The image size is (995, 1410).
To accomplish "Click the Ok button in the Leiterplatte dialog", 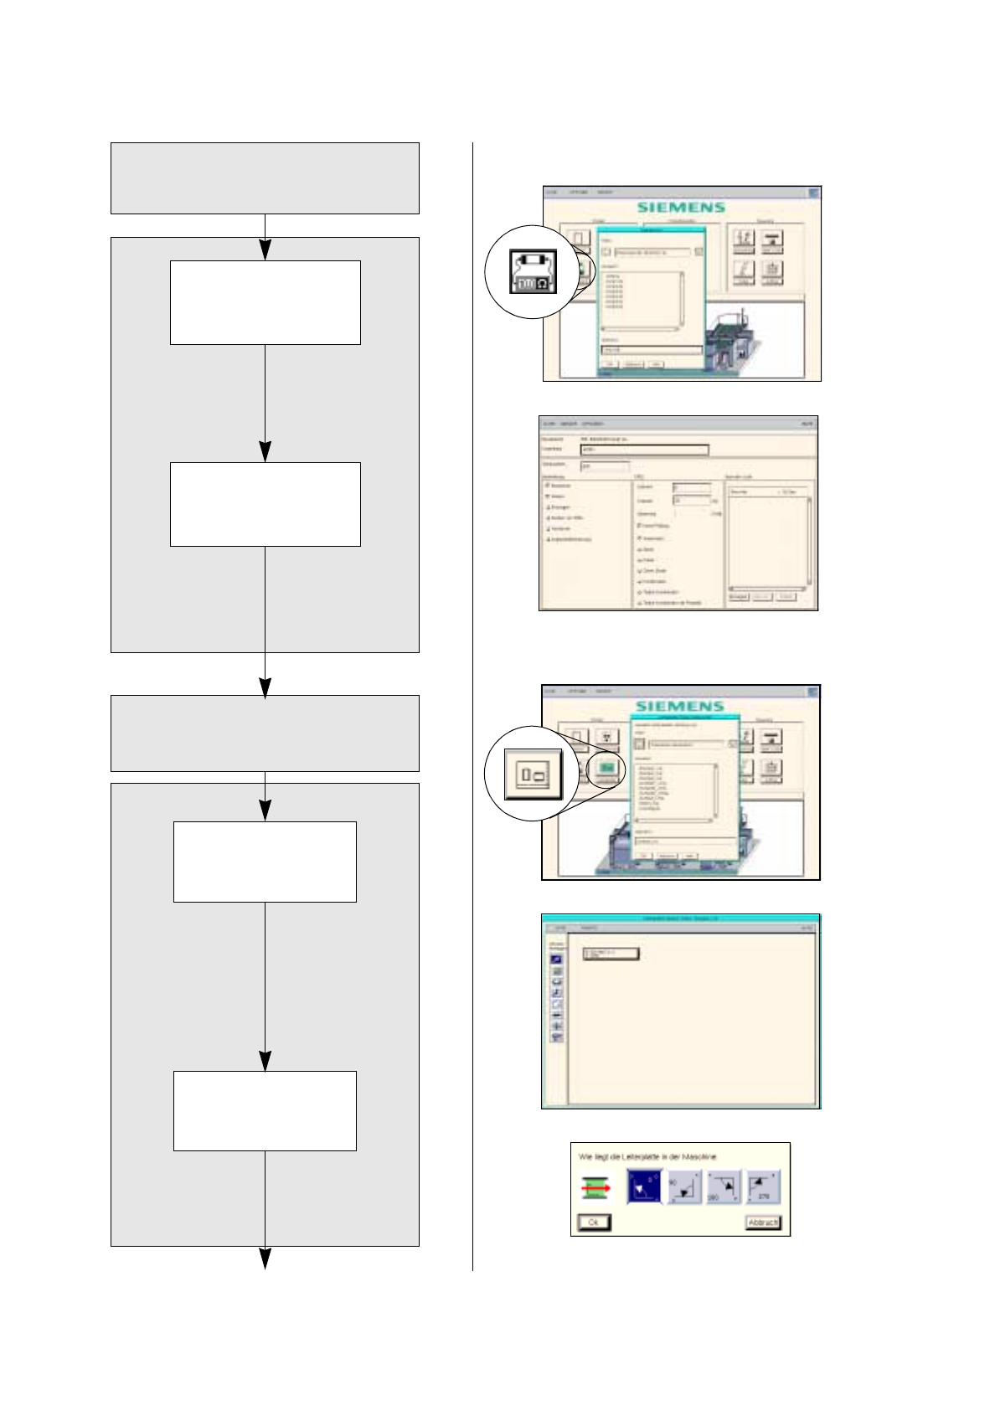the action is [x=594, y=1222].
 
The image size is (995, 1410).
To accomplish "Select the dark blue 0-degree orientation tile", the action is [x=644, y=1186].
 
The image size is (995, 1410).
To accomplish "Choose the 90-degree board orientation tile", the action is [x=684, y=1186].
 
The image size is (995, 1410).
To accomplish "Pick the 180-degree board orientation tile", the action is [x=724, y=1186].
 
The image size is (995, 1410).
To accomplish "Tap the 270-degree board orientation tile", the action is [x=764, y=1186].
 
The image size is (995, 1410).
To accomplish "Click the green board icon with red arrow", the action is [x=596, y=1187].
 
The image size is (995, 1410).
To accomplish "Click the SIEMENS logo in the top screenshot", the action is [x=681, y=207].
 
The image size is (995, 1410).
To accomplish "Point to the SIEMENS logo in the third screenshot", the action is [x=679, y=706].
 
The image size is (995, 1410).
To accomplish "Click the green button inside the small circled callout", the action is [x=607, y=767].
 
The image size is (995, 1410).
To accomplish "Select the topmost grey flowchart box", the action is [x=265, y=178].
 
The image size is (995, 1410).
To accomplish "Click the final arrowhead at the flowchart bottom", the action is [x=265, y=1258].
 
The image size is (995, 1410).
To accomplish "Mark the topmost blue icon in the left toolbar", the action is [x=557, y=960].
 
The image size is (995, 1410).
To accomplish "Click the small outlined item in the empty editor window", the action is [x=610, y=954].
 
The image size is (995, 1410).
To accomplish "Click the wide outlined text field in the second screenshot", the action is [x=644, y=450].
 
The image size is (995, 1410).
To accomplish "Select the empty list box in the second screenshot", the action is [x=769, y=539].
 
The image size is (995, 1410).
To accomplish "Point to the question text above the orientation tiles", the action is [x=647, y=1157].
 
